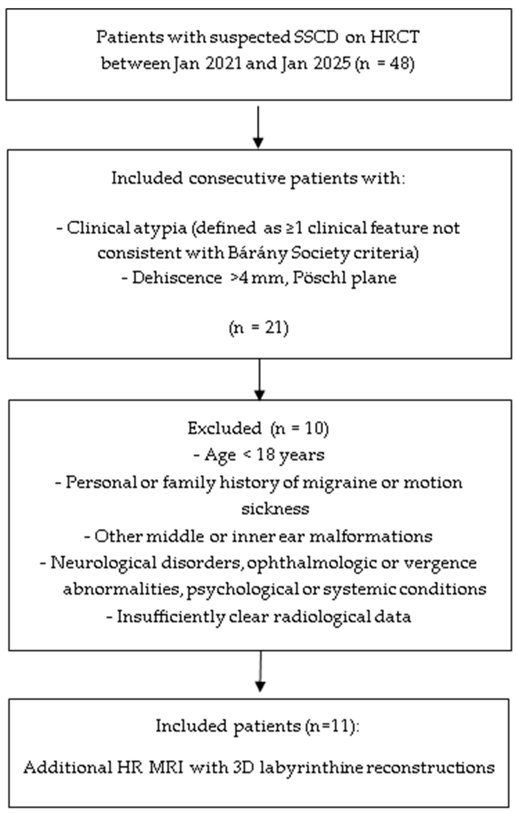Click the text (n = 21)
[258, 328]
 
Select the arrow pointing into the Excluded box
[259, 380]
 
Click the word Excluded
[224, 428]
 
